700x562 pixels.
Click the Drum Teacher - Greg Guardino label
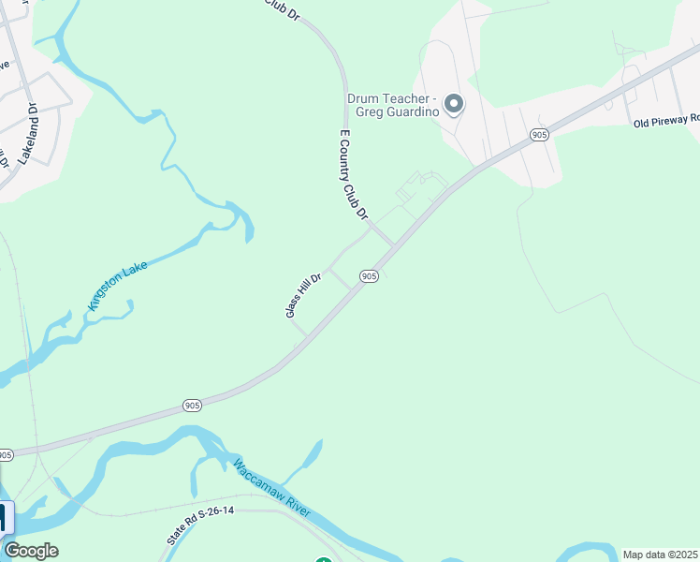(x=393, y=104)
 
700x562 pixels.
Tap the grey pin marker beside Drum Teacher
(x=454, y=103)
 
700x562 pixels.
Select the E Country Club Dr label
(x=352, y=175)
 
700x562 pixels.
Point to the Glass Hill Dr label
(x=303, y=294)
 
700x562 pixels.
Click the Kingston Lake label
(x=117, y=285)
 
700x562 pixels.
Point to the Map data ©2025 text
(x=659, y=555)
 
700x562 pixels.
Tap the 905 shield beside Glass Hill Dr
(x=369, y=276)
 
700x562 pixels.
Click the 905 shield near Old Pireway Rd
(x=538, y=135)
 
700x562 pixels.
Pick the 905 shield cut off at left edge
(x=6, y=455)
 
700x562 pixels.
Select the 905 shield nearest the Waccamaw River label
(x=192, y=406)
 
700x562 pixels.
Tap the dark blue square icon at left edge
(x=6, y=518)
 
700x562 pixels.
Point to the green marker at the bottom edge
(x=324, y=559)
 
